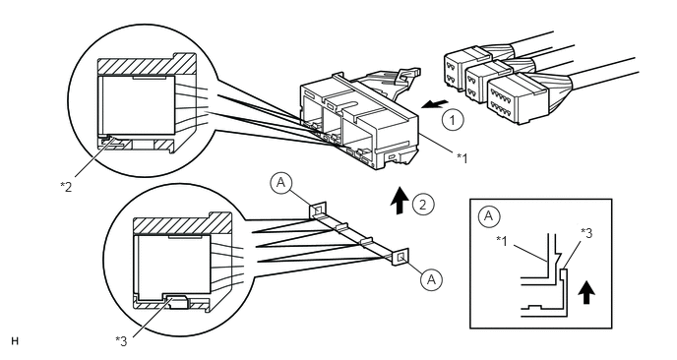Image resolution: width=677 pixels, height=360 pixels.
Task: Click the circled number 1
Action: click(453, 120)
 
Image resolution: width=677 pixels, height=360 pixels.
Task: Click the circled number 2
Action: click(423, 205)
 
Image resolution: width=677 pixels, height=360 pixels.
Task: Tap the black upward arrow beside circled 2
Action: click(400, 201)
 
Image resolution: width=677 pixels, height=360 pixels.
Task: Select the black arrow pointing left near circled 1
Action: click(434, 104)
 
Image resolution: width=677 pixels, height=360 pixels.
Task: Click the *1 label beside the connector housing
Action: click(462, 158)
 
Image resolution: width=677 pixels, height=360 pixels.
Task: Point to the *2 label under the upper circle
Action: click(66, 187)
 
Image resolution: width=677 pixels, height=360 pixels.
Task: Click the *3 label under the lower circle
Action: click(121, 341)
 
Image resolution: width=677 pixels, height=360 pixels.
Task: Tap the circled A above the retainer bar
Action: click(281, 183)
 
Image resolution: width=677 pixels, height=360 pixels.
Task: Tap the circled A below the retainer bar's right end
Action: click(431, 279)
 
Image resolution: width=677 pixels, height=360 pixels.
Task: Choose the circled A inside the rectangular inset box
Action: click(488, 215)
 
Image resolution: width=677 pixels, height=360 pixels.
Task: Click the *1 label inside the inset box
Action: click(502, 240)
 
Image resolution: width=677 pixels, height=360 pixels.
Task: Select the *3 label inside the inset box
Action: click(586, 233)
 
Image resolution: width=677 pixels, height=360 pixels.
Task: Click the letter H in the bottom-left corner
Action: click(15, 341)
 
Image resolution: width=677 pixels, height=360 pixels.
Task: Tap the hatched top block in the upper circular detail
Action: click(147, 65)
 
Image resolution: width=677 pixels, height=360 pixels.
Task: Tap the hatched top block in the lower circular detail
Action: click(182, 224)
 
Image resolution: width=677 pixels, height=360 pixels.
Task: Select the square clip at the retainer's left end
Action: click(317, 211)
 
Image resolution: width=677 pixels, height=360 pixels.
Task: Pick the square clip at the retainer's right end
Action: click(400, 258)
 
